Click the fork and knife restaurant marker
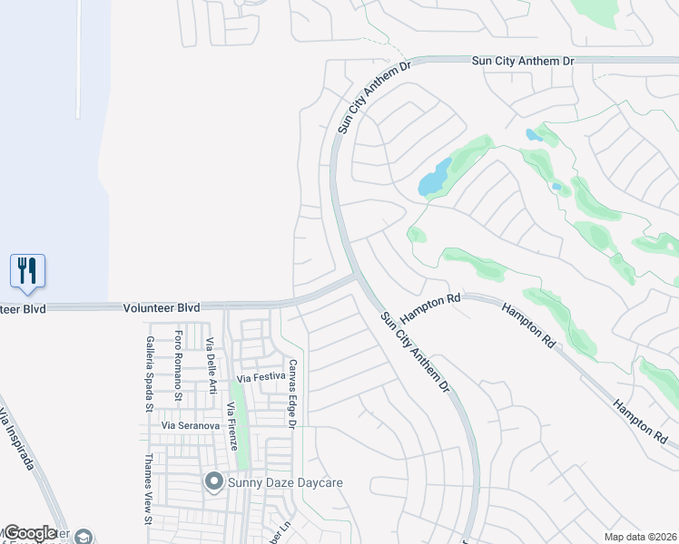[x=27, y=270]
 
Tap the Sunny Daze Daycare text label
[x=285, y=482]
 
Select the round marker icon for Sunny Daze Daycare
[x=214, y=481]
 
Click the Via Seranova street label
[x=192, y=425]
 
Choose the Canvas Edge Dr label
[x=292, y=392]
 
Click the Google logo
[x=30, y=534]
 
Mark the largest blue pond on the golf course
[x=435, y=178]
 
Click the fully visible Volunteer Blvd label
[x=161, y=308]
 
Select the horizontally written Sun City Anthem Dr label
[x=524, y=61]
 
